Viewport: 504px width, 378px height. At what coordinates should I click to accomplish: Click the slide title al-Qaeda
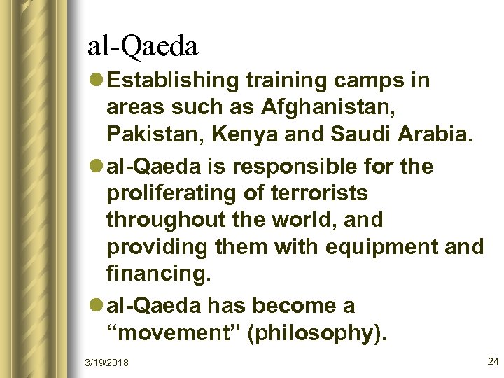click(x=143, y=45)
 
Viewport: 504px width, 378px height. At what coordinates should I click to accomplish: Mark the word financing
click(x=158, y=274)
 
